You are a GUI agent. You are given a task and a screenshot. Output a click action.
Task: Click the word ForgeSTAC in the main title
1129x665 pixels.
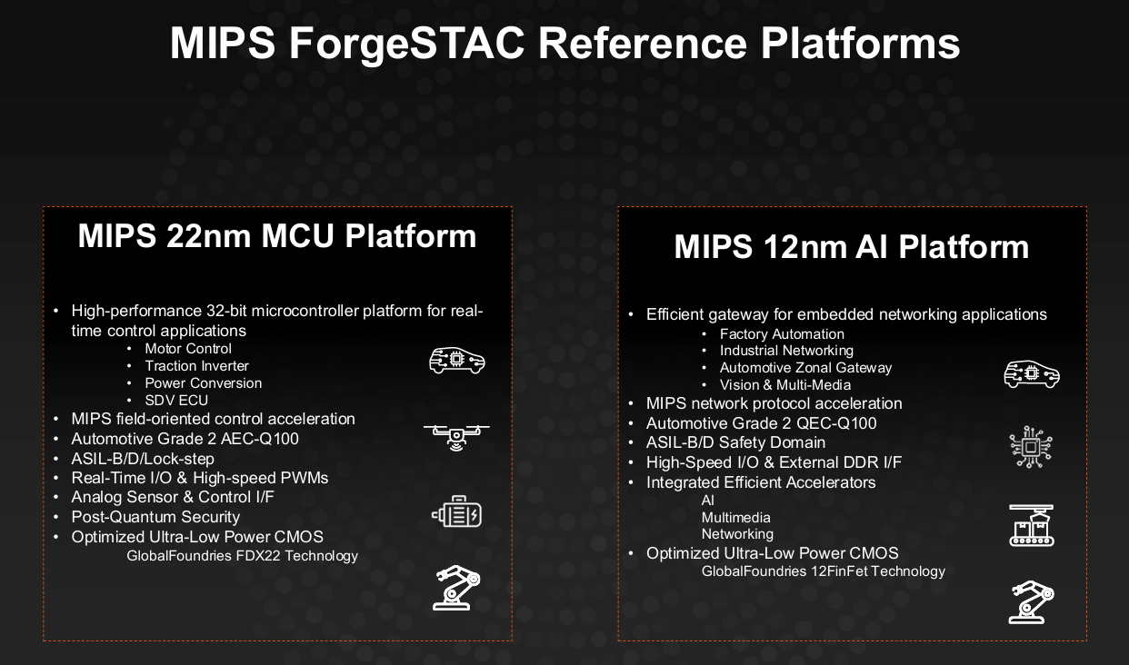pos(406,45)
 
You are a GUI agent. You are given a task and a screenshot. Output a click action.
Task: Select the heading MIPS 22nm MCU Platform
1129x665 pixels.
pos(277,236)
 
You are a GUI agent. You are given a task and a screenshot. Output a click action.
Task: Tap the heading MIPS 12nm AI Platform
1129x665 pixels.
pos(852,247)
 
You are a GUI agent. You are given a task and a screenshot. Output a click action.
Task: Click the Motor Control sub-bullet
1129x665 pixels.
pos(188,349)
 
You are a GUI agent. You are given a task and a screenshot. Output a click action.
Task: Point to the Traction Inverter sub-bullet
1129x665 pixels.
pos(196,366)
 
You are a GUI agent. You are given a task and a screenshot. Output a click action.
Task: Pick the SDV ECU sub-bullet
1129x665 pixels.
pos(176,400)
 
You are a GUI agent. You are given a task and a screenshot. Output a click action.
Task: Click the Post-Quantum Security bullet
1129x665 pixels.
pos(155,517)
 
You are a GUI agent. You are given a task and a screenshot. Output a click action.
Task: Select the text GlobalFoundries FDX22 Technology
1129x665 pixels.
pos(243,556)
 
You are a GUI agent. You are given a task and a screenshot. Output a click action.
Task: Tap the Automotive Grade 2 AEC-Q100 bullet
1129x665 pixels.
pos(185,439)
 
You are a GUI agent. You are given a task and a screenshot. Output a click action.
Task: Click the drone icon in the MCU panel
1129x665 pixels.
pos(456,437)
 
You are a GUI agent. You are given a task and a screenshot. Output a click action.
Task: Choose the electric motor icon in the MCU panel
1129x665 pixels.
pos(456,511)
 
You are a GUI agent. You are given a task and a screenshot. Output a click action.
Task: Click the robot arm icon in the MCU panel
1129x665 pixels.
pos(456,588)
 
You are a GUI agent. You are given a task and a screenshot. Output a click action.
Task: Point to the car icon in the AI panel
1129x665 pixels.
pos(1032,374)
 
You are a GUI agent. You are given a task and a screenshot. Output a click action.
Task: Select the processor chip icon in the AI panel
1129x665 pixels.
pos(1031,447)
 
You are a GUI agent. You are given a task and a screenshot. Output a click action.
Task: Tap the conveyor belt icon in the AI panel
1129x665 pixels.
pos(1032,525)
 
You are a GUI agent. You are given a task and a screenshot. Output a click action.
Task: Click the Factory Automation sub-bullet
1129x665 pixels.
pos(782,334)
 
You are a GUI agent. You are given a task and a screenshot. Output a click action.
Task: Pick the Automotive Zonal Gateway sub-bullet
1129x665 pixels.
pos(805,368)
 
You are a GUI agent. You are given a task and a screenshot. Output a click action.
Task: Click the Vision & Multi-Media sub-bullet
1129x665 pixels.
pos(785,385)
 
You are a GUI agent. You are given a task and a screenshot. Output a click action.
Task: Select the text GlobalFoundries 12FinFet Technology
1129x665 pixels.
pos(824,571)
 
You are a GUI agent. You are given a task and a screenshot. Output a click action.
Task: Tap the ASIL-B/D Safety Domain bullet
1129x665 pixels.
pos(736,442)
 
